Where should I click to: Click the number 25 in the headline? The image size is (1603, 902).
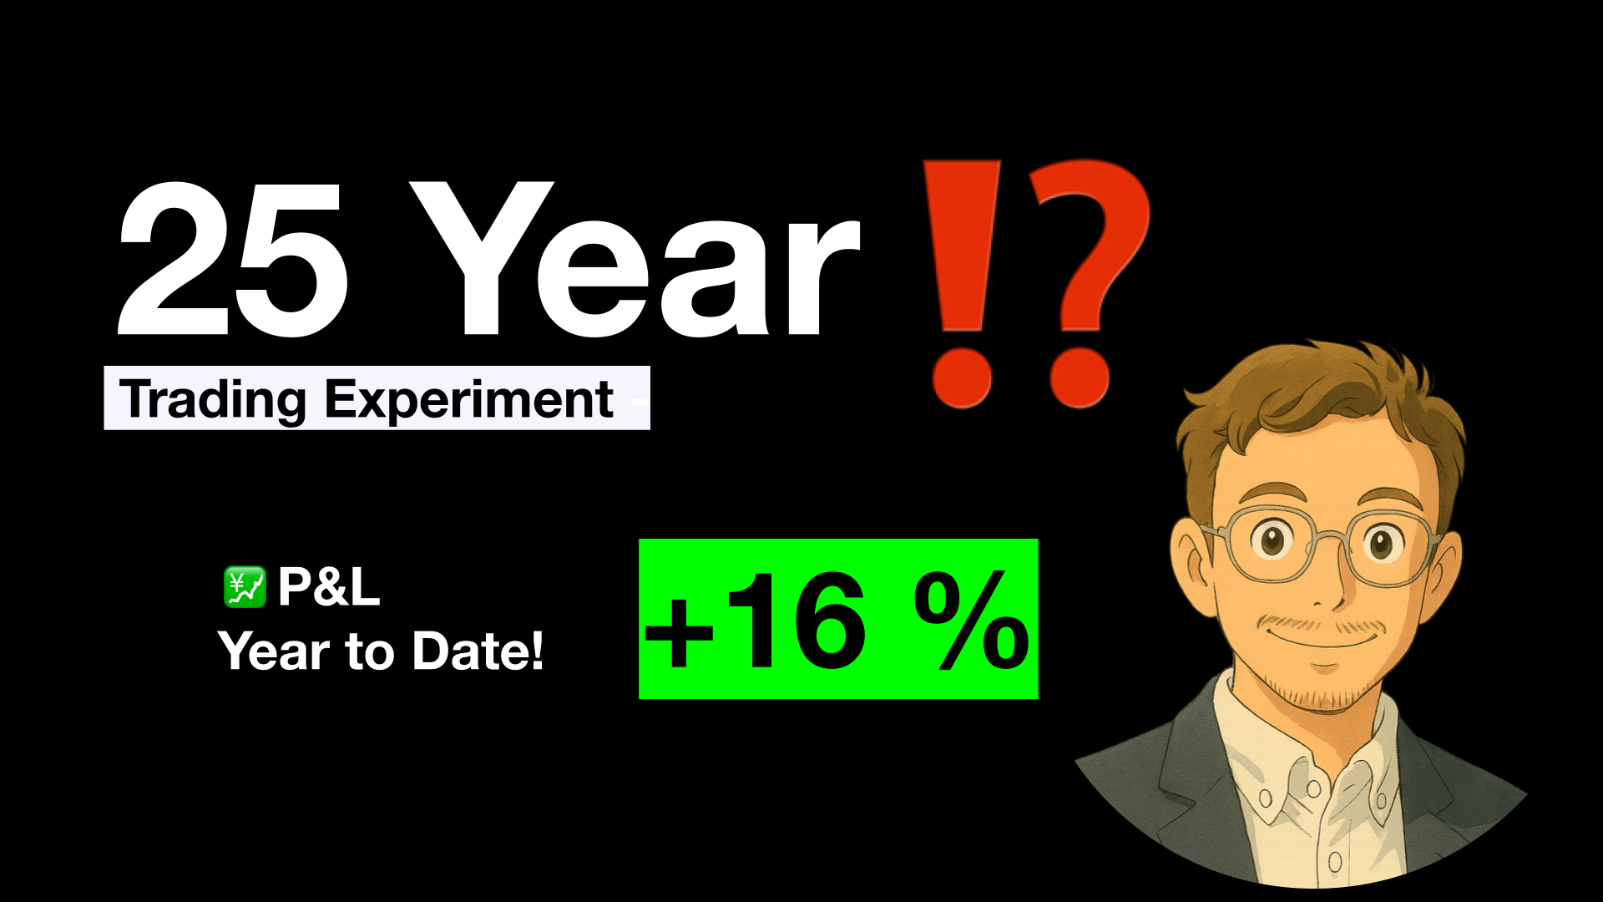233,260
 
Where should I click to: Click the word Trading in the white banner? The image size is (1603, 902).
213,400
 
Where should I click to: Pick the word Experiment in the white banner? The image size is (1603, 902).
469,400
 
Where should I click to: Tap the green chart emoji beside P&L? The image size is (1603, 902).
245,587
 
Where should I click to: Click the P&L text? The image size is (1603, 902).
329,587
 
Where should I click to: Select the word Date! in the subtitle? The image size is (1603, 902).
478,651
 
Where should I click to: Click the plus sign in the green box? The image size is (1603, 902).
679,631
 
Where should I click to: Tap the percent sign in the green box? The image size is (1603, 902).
971,622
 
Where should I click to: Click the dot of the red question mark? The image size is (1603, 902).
1080,378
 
